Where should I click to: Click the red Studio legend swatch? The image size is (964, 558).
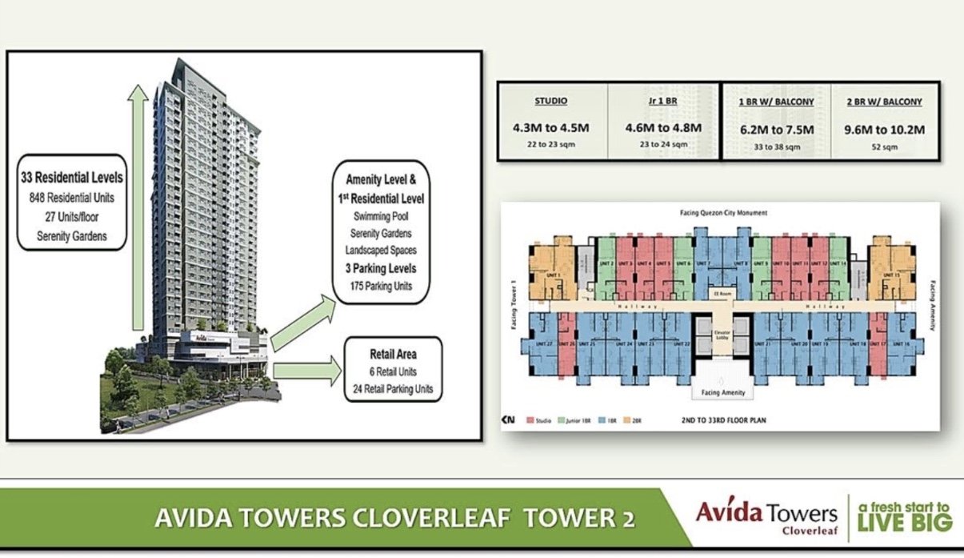pyautogui.click(x=530, y=420)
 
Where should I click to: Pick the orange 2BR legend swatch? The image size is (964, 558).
pyautogui.click(x=626, y=420)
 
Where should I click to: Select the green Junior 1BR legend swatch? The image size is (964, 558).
pyautogui.click(x=562, y=420)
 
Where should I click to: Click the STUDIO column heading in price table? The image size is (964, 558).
pyautogui.click(x=551, y=102)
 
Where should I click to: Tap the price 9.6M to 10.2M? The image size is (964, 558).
pyautogui.click(x=885, y=128)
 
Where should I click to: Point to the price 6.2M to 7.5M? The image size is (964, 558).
pyautogui.click(x=775, y=128)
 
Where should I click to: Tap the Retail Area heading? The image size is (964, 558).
pyautogui.click(x=393, y=353)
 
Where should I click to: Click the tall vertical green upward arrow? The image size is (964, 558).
pyautogui.click(x=138, y=208)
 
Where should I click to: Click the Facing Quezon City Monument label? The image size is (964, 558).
pyautogui.click(x=721, y=213)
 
